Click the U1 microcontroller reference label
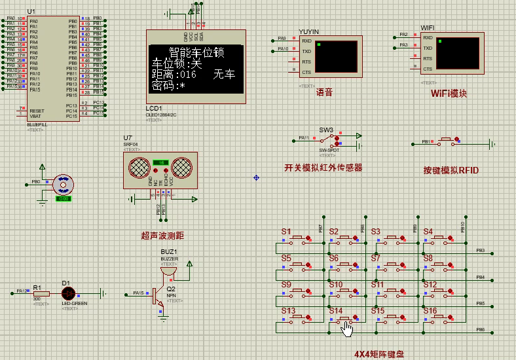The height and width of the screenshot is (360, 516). (x=31, y=12)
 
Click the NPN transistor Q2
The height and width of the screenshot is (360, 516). (x=159, y=296)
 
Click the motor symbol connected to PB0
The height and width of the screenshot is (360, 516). (x=63, y=185)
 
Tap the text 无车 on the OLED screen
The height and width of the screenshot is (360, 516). (x=223, y=75)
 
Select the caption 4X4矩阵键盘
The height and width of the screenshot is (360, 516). (x=379, y=353)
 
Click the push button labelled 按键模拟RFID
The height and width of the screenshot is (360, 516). (x=448, y=141)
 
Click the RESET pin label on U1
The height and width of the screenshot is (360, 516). (x=37, y=111)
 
